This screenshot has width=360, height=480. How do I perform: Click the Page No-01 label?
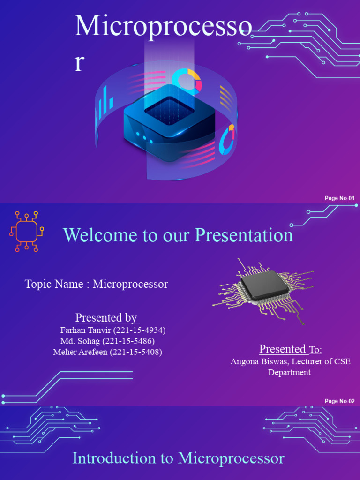(x=339, y=198)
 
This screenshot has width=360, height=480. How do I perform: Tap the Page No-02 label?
(x=339, y=401)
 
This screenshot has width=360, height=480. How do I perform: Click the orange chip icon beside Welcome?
(x=27, y=231)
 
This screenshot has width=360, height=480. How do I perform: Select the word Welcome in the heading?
(x=96, y=235)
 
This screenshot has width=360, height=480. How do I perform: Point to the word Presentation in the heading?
(x=244, y=235)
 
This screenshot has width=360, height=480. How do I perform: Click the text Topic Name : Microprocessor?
(x=96, y=284)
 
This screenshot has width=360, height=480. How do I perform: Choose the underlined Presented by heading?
(x=106, y=318)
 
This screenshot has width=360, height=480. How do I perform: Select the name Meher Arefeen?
(x=80, y=352)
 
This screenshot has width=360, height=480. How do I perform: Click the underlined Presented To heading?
(x=291, y=349)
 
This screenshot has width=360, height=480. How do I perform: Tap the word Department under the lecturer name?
(x=289, y=373)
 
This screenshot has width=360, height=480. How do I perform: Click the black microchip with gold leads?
(x=261, y=286)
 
